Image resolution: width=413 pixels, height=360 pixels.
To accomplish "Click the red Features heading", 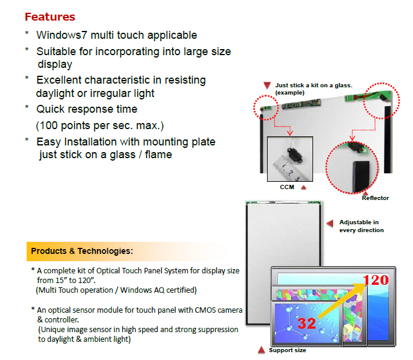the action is [x=50, y=17].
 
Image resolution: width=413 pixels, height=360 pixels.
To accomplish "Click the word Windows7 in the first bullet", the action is [x=62, y=35].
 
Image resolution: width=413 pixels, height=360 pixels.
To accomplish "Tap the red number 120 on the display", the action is [x=375, y=280].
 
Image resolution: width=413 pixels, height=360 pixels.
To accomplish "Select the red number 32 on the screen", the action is [x=306, y=324].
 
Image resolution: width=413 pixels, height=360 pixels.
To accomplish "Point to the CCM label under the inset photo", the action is [x=287, y=187].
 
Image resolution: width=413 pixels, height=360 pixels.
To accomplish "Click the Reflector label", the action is [x=375, y=198].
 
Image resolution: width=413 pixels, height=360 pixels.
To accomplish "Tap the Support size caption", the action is [x=288, y=350].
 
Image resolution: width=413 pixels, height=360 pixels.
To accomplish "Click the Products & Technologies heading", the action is [x=82, y=251].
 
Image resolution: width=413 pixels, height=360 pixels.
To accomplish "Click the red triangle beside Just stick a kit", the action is [x=267, y=85].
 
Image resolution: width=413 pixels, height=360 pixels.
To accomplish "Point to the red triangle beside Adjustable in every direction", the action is [x=330, y=224].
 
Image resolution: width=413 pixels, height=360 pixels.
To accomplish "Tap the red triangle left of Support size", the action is [x=261, y=350].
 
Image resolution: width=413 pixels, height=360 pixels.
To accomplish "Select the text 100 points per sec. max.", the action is [x=100, y=125].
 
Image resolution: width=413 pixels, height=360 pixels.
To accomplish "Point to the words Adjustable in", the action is [x=359, y=222].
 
